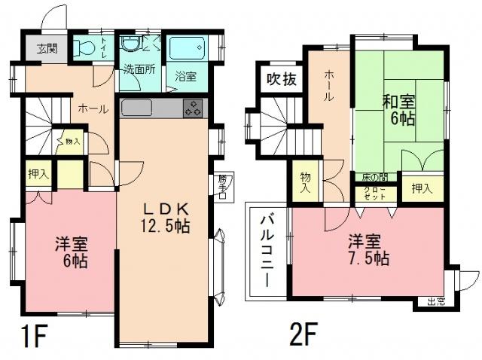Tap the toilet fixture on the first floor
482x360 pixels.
[x=84, y=48]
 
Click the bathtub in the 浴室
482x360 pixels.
[x=188, y=47]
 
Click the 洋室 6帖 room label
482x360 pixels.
[x=72, y=252]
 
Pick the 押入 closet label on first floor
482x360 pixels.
[x=38, y=174]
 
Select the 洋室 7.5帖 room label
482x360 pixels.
[x=368, y=250]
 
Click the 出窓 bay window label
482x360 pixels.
[x=436, y=302]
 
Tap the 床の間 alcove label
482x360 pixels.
[x=374, y=176]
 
